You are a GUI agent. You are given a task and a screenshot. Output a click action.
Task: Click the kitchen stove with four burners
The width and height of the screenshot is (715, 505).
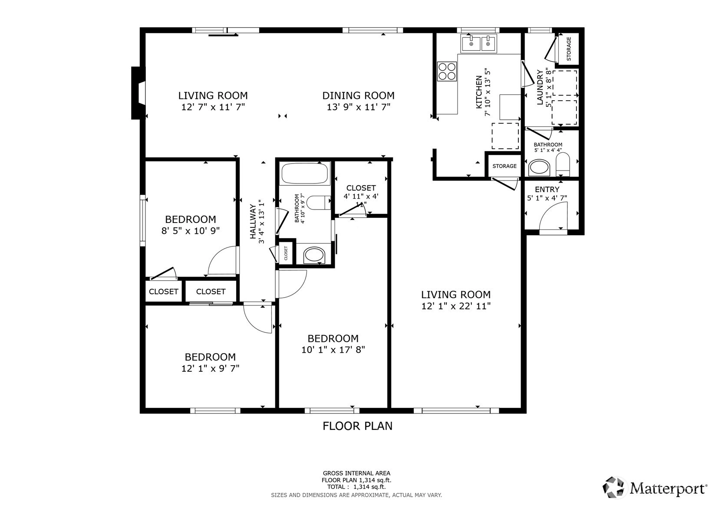[x=447, y=71]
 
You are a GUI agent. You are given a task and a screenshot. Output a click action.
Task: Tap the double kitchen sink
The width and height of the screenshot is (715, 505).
[x=478, y=43]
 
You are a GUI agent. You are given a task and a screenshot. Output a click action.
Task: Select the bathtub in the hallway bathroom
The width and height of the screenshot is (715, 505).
[x=304, y=173]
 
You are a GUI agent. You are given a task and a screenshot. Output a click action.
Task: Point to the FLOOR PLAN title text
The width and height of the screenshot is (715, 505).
[x=358, y=426]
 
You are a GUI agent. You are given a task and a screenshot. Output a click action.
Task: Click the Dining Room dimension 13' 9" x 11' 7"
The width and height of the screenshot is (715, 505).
[x=359, y=107]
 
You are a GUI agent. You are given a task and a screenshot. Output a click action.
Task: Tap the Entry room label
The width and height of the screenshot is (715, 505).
[x=547, y=189]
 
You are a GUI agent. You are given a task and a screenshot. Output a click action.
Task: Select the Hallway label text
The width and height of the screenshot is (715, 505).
[x=253, y=221]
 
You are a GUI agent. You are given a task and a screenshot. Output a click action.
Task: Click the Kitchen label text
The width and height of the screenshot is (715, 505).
[x=479, y=92]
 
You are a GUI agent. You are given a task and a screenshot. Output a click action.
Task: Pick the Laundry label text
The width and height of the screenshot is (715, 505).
[x=540, y=87]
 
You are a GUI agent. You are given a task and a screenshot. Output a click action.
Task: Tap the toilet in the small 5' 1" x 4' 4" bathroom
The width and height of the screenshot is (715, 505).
[x=563, y=164]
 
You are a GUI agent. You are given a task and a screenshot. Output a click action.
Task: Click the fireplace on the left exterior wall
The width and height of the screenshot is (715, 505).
[x=138, y=92]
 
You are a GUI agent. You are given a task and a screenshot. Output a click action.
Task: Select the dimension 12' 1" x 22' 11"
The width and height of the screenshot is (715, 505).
[x=456, y=306]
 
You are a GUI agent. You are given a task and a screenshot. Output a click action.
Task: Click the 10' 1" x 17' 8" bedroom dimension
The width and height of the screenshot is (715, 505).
[x=333, y=350]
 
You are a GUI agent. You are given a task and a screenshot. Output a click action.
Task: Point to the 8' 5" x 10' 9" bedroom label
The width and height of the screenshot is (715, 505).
[x=191, y=219]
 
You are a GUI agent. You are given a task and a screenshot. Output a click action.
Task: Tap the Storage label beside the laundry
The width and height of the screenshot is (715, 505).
[x=569, y=49]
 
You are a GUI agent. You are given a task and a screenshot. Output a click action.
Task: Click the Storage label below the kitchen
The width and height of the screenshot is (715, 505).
[x=504, y=166]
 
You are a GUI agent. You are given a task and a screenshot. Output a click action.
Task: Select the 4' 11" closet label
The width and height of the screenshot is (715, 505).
[x=361, y=188]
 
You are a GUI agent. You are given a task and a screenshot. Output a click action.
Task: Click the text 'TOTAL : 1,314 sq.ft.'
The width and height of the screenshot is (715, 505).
[x=356, y=487]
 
